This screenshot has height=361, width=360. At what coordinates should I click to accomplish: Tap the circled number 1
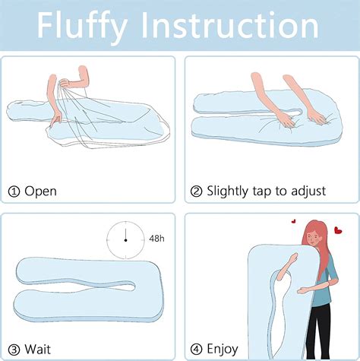(13, 191)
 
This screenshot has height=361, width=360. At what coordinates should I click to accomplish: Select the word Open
(40, 191)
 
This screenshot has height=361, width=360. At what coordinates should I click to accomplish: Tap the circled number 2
(195, 191)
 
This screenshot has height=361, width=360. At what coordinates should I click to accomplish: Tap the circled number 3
(13, 348)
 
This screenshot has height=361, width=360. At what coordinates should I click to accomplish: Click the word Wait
(39, 348)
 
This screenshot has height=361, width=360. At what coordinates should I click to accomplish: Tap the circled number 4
(195, 348)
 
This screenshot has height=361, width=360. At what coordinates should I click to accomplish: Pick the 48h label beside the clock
(158, 239)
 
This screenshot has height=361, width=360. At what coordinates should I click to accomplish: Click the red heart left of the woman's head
(293, 222)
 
